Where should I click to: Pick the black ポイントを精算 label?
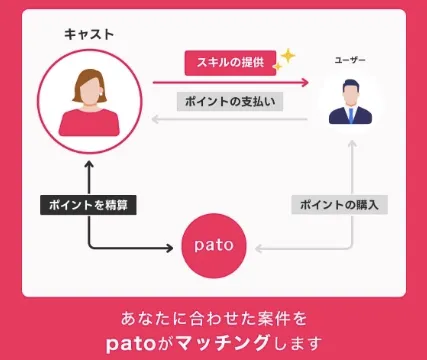pos(88,204)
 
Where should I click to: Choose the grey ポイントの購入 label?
pos(340,204)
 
